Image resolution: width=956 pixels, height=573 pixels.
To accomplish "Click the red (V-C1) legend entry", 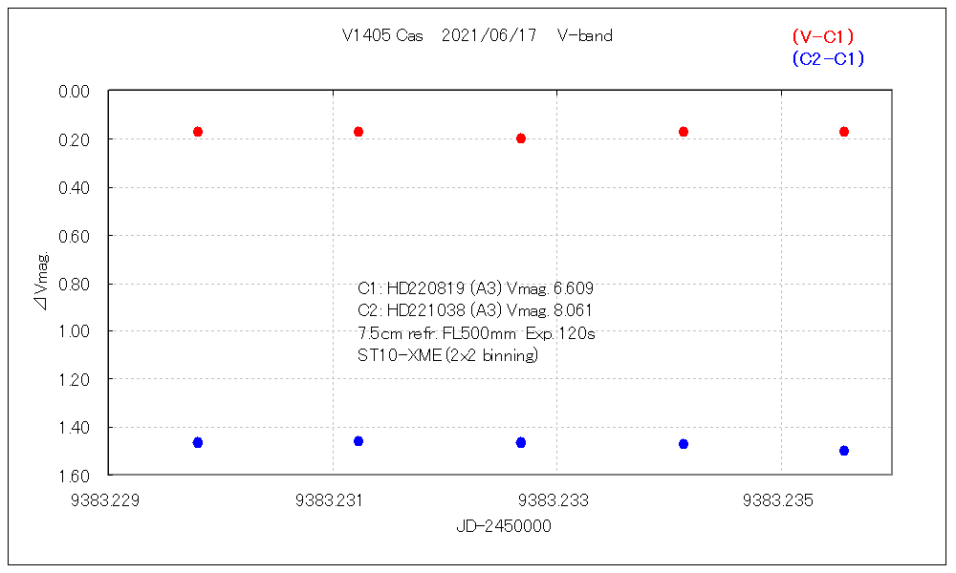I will (x=822, y=36).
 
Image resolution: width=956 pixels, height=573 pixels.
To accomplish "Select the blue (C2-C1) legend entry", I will (x=828, y=59).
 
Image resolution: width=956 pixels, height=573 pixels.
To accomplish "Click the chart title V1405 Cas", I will (x=382, y=35).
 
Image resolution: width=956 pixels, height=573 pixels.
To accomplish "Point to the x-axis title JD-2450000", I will (x=503, y=526).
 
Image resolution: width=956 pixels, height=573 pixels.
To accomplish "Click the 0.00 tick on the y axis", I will (x=74, y=92).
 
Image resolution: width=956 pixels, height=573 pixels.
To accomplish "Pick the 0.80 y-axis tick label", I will (x=74, y=284).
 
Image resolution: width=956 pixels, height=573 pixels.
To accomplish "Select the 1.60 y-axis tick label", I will (x=74, y=476).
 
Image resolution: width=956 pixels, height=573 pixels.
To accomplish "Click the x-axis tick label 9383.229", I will (x=108, y=499).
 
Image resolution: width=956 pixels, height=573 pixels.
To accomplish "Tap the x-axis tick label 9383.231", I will (x=333, y=499).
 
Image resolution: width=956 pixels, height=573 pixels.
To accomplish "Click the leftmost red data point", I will (x=198, y=132).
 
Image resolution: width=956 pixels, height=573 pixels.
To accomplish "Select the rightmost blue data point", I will (x=844, y=451).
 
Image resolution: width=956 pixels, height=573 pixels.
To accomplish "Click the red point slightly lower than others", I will (x=521, y=138).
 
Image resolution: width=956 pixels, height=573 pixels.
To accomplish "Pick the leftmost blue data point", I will (x=198, y=443).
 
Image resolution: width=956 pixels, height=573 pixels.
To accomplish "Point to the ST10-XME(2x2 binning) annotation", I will (x=447, y=356).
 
